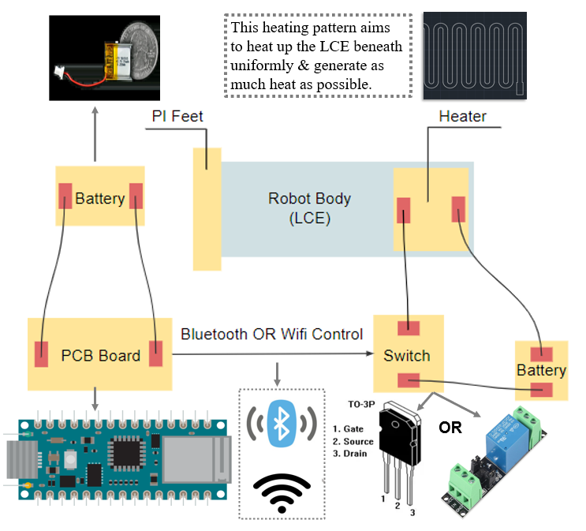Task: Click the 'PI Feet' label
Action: pos(177,117)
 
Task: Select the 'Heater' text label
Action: pos(462,117)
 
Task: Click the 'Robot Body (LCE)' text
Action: pos(299,208)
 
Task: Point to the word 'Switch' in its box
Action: pos(406,356)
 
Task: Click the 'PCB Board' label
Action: pos(100,356)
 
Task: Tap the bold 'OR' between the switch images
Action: pos(450,428)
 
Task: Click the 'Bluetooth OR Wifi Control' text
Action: pos(271,334)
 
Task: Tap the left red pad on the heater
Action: pos(404,211)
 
